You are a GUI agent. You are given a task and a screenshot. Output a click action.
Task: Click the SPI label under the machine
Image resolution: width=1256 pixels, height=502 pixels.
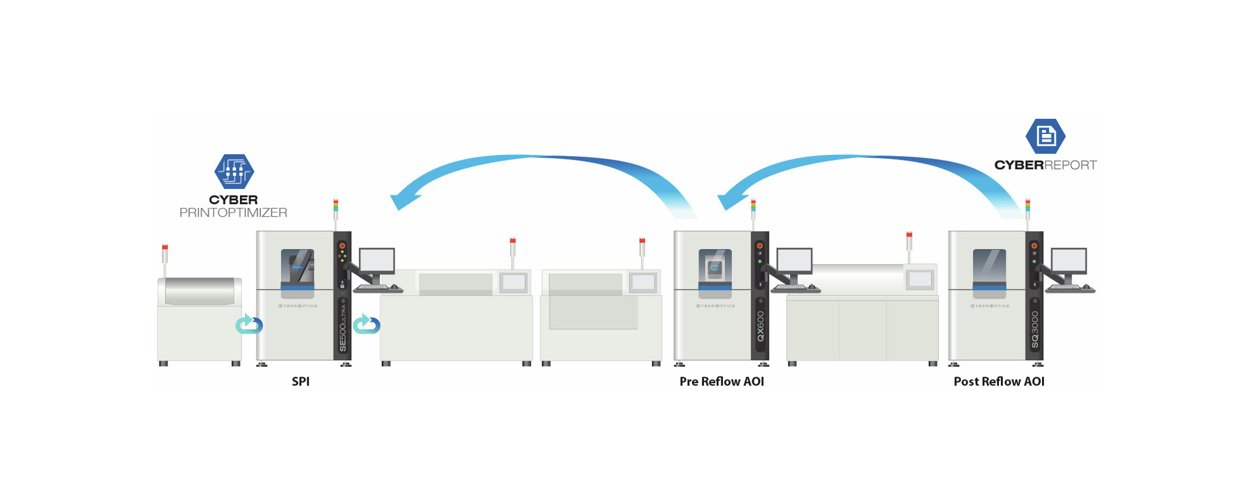coord(300,381)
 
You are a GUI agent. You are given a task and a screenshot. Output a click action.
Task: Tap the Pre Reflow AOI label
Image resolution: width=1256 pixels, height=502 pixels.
coord(722,381)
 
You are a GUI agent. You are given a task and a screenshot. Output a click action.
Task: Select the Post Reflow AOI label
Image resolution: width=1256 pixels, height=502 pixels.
coord(999,381)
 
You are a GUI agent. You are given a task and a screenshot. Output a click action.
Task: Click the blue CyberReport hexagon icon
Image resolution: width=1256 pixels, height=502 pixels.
coord(1045,136)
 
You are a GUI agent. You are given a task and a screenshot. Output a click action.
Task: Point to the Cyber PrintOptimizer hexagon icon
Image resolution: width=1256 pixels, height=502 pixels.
coord(234,171)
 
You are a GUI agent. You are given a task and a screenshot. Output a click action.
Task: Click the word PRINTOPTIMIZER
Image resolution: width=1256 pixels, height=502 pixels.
coord(234,212)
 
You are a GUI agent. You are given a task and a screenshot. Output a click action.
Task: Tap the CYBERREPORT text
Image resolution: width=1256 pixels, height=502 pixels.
coord(1045,165)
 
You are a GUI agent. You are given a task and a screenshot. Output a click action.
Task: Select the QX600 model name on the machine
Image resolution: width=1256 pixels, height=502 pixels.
coord(760,326)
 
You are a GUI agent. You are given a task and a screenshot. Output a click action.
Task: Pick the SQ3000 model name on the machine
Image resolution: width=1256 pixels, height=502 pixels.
coord(1035,328)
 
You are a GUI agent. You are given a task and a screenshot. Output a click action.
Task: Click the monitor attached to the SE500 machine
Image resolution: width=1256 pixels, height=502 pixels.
coord(377,261)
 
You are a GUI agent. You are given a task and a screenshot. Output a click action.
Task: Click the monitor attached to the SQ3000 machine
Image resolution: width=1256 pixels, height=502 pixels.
coord(1069,261)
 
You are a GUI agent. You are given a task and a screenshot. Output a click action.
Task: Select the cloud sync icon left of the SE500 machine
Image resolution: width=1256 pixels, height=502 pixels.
coord(249,324)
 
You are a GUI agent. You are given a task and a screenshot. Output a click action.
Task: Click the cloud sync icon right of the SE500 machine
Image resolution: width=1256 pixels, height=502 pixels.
coord(366,324)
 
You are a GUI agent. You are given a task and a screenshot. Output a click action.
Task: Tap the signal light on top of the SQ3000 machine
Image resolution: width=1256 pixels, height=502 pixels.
coord(1028,206)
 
